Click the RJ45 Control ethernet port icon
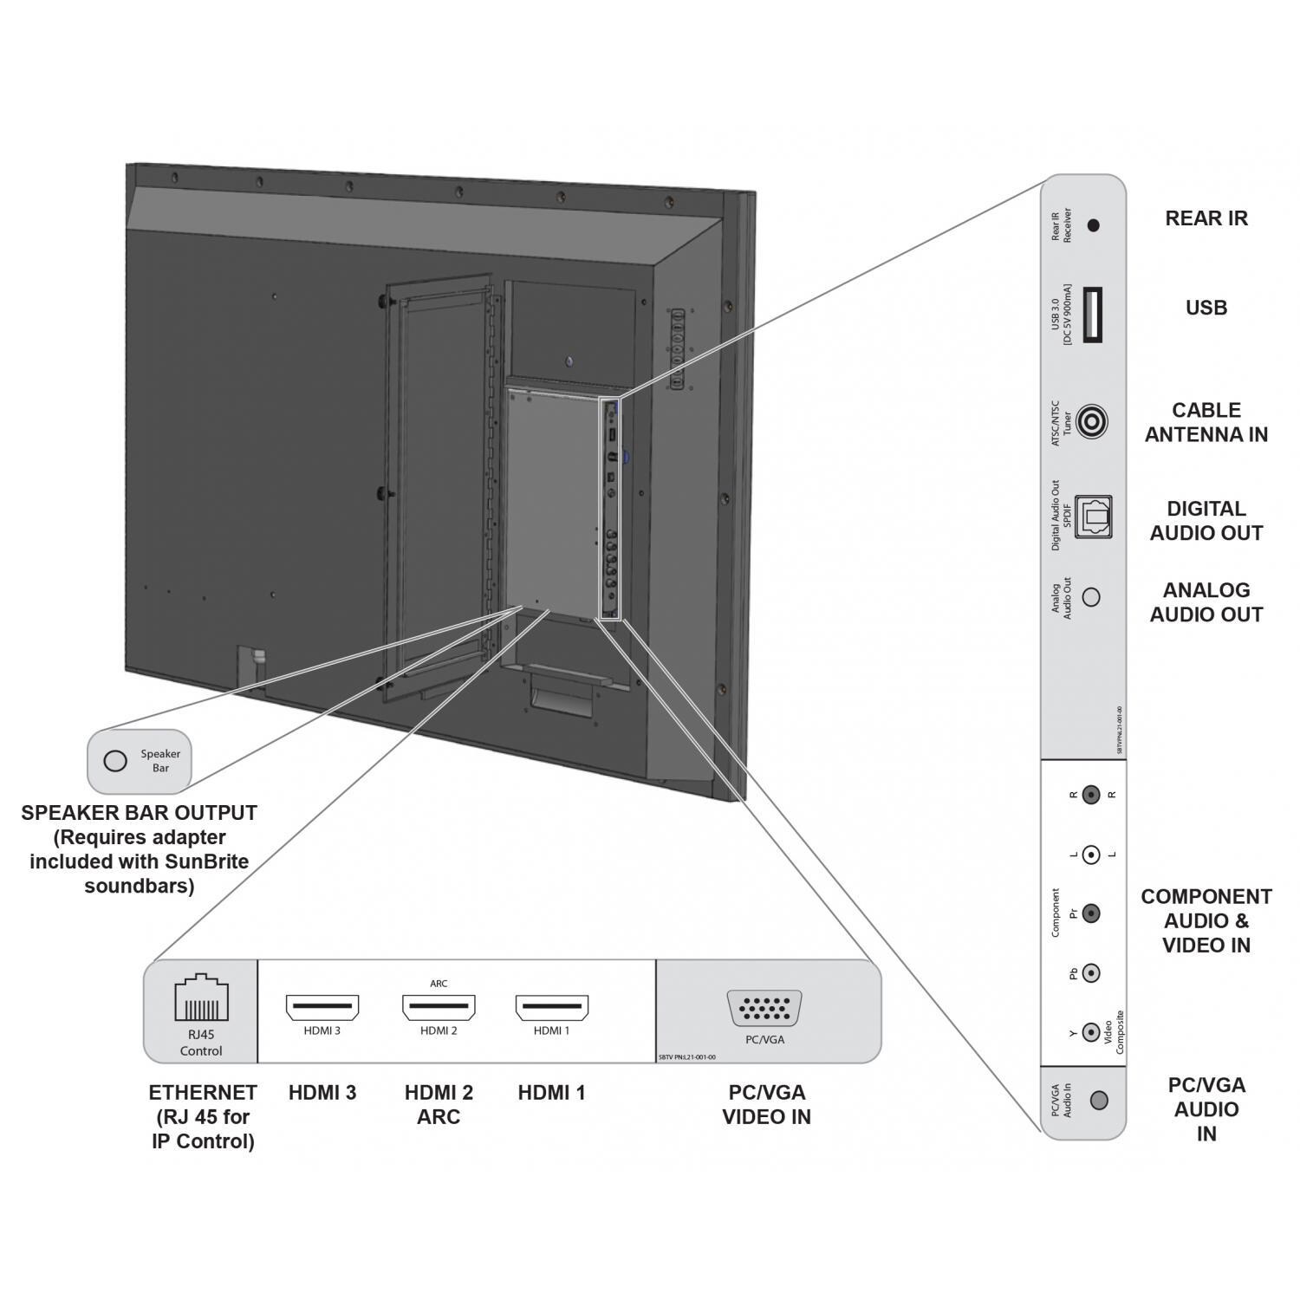(x=201, y=998)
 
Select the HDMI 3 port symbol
(x=322, y=1008)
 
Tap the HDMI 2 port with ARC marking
(x=439, y=1008)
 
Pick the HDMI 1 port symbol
(x=552, y=1008)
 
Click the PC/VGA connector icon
(x=764, y=1010)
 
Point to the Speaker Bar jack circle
(x=115, y=761)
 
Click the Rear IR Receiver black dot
(x=1093, y=225)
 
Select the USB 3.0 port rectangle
(x=1092, y=313)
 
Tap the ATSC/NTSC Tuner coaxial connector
(x=1092, y=423)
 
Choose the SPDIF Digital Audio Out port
(x=1093, y=517)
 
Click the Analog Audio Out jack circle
(x=1092, y=597)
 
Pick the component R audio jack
(x=1092, y=794)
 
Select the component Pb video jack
(x=1092, y=973)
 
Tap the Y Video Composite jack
(x=1092, y=1032)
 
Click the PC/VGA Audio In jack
(x=1099, y=1101)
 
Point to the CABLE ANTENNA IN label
(x=1206, y=422)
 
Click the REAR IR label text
(x=1206, y=218)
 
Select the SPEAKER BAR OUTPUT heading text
(x=139, y=813)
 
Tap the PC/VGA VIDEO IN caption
(x=766, y=1104)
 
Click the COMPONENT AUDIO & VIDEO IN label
(x=1206, y=920)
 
